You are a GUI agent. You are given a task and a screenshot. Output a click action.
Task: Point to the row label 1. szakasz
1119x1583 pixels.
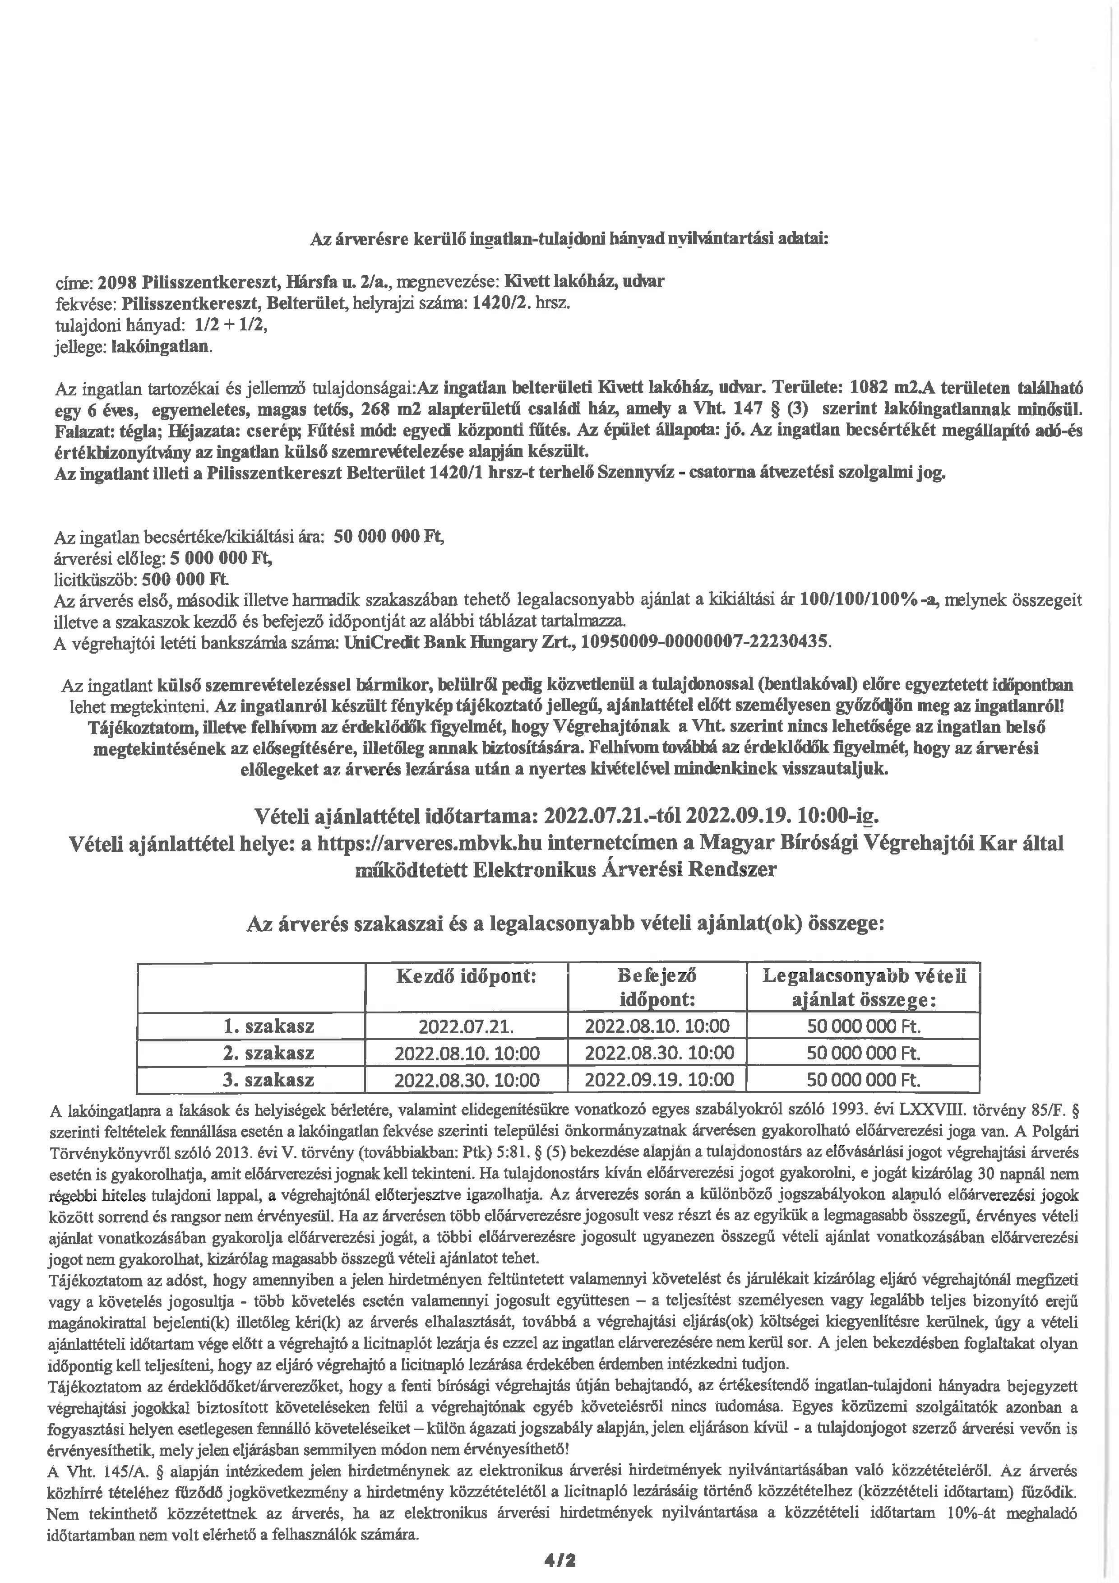point(269,1026)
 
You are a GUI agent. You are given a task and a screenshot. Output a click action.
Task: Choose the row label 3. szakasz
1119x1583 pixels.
point(269,1080)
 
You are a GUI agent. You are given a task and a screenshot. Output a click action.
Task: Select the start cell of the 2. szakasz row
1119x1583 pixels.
point(467,1054)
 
